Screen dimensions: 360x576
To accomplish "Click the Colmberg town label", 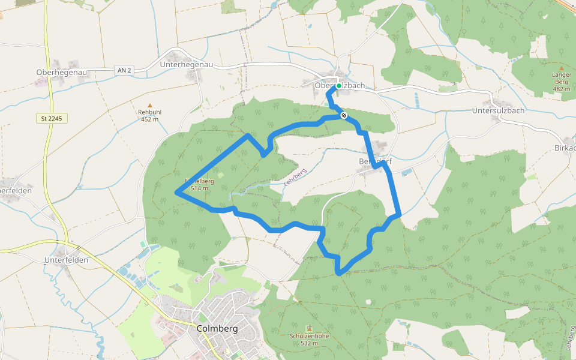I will coord(217,329).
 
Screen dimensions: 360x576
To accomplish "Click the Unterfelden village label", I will coord(66,260).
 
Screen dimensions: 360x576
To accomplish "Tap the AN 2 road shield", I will coord(124,71).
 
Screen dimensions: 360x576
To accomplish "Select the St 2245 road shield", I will coord(51,119).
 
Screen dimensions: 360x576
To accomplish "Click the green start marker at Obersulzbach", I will coord(339,86).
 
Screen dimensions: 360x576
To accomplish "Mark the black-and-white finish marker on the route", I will coord(344,115).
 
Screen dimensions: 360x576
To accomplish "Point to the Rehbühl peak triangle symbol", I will coord(150,105).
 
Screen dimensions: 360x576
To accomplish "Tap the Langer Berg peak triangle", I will coord(561,68).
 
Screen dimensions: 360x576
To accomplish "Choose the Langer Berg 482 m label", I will coord(561,82).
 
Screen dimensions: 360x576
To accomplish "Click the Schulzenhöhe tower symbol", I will coord(309,328).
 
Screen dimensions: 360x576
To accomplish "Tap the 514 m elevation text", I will coord(199,188).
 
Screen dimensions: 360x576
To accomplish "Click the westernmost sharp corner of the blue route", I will coord(176,193).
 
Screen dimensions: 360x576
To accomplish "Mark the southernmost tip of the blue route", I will coord(340,274).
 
